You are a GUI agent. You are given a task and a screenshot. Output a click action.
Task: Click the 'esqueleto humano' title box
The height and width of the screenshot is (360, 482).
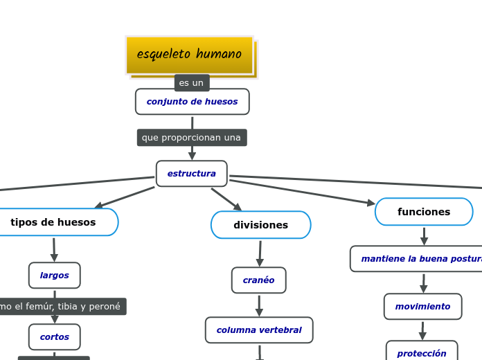(189, 55)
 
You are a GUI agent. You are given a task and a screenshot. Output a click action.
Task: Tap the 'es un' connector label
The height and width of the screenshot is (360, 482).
(192, 83)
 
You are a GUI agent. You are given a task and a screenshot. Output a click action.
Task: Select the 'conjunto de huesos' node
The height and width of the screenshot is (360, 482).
(192, 102)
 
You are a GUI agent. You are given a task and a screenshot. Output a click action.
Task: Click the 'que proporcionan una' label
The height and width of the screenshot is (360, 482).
(191, 138)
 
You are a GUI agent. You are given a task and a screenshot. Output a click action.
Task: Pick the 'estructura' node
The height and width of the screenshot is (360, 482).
(191, 174)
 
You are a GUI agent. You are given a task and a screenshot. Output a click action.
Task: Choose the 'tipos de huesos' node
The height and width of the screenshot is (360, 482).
(54, 222)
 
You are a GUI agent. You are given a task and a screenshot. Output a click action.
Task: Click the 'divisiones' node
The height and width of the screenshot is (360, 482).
(260, 225)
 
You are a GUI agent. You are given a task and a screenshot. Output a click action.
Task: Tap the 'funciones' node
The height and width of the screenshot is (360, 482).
(424, 212)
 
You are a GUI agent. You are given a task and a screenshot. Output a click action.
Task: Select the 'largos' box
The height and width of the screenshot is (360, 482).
(54, 276)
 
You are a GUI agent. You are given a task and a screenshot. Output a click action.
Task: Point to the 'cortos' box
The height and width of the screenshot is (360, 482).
(54, 337)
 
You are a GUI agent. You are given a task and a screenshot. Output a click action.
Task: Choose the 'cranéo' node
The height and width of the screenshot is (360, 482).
(258, 280)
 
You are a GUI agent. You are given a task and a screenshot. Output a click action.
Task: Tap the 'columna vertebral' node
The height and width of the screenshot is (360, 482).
(258, 330)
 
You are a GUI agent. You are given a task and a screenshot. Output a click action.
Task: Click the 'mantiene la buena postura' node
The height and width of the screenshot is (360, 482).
(420, 259)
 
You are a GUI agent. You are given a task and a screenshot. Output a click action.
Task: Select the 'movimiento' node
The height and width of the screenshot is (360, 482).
(422, 307)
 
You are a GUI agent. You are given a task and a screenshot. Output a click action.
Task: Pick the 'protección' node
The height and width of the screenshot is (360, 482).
(421, 353)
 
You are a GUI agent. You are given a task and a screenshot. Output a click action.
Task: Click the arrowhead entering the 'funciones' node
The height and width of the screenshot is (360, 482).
(371, 204)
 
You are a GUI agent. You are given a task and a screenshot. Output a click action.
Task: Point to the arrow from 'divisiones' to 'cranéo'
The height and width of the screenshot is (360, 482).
(260, 253)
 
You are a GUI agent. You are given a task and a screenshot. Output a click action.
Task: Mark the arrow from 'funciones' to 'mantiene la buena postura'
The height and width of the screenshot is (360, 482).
(424, 236)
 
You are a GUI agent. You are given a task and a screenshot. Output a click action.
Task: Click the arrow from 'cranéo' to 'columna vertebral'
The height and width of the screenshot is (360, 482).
(259, 305)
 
